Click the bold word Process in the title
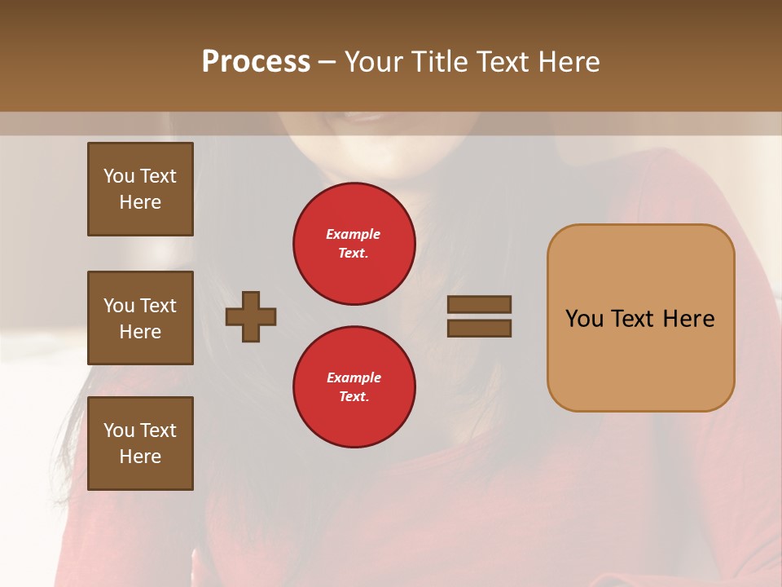click(256, 62)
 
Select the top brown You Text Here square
click(140, 189)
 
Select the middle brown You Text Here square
click(140, 318)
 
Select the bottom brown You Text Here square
click(140, 444)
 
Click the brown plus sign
click(251, 316)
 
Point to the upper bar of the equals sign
click(479, 305)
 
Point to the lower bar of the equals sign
click(479, 329)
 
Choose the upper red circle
click(354, 244)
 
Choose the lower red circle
click(354, 387)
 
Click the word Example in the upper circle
click(353, 235)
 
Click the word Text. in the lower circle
click(354, 397)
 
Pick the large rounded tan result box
click(640, 318)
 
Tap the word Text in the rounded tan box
click(635, 319)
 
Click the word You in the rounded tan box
click(583, 319)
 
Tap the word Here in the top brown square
click(140, 202)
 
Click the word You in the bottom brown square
click(119, 430)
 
